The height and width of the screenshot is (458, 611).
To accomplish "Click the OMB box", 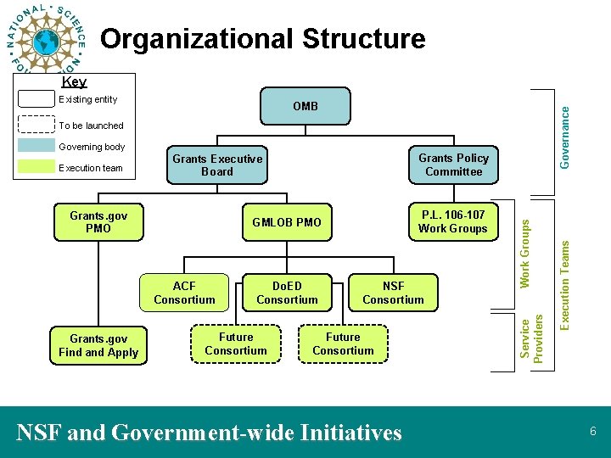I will coord(305,106).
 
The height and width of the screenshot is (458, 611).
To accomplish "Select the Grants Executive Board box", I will coord(217,165).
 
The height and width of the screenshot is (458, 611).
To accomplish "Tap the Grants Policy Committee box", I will coord(453,165).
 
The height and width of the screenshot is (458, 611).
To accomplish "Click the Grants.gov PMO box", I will coord(98,222).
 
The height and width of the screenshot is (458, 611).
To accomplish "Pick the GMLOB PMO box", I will coord(287,222).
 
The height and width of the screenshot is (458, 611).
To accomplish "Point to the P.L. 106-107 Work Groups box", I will coord(453,222).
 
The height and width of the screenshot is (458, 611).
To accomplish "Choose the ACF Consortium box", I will coord(184,293).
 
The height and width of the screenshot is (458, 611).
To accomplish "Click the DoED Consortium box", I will coord(287,293).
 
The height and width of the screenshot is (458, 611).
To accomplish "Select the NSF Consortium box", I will coord(393,293).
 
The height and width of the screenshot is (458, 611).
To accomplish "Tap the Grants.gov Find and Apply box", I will coord(98,346).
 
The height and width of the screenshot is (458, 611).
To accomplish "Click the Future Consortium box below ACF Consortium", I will coord(235,343).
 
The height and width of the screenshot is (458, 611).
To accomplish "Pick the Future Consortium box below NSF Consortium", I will coord(343,343).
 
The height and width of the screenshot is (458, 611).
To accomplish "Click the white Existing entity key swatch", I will coord(36,98).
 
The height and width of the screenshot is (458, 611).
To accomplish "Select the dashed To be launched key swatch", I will coord(36,125).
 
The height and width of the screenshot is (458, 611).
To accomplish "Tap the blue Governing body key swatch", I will coord(36,146).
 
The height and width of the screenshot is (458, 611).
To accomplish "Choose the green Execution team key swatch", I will coord(36,167).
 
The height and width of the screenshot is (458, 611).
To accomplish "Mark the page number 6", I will coord(593,432).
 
